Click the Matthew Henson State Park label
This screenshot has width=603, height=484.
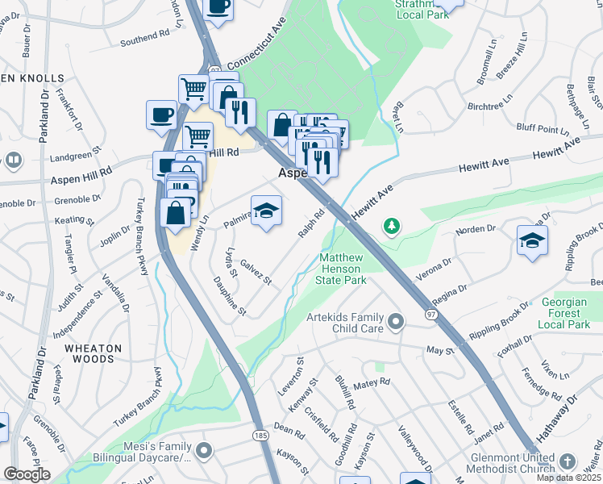(x=343, y=269)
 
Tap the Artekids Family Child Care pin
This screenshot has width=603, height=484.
(x=395, y=323)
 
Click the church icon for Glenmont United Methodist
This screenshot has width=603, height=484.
(x=568, y=462)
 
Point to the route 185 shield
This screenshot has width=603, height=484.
(x=260, y=435)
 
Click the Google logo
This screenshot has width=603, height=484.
(x=27, y=474)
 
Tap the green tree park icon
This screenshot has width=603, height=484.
(x=392, y=225)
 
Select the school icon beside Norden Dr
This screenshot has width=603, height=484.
(x=532, y=241)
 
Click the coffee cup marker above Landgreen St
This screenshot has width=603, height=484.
(x=161, y=115)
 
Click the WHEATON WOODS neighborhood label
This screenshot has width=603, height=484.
(x=94, y=355)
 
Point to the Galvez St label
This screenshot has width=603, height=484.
(x=256, y=271)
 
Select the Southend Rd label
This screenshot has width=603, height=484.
(x=145, y=39)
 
